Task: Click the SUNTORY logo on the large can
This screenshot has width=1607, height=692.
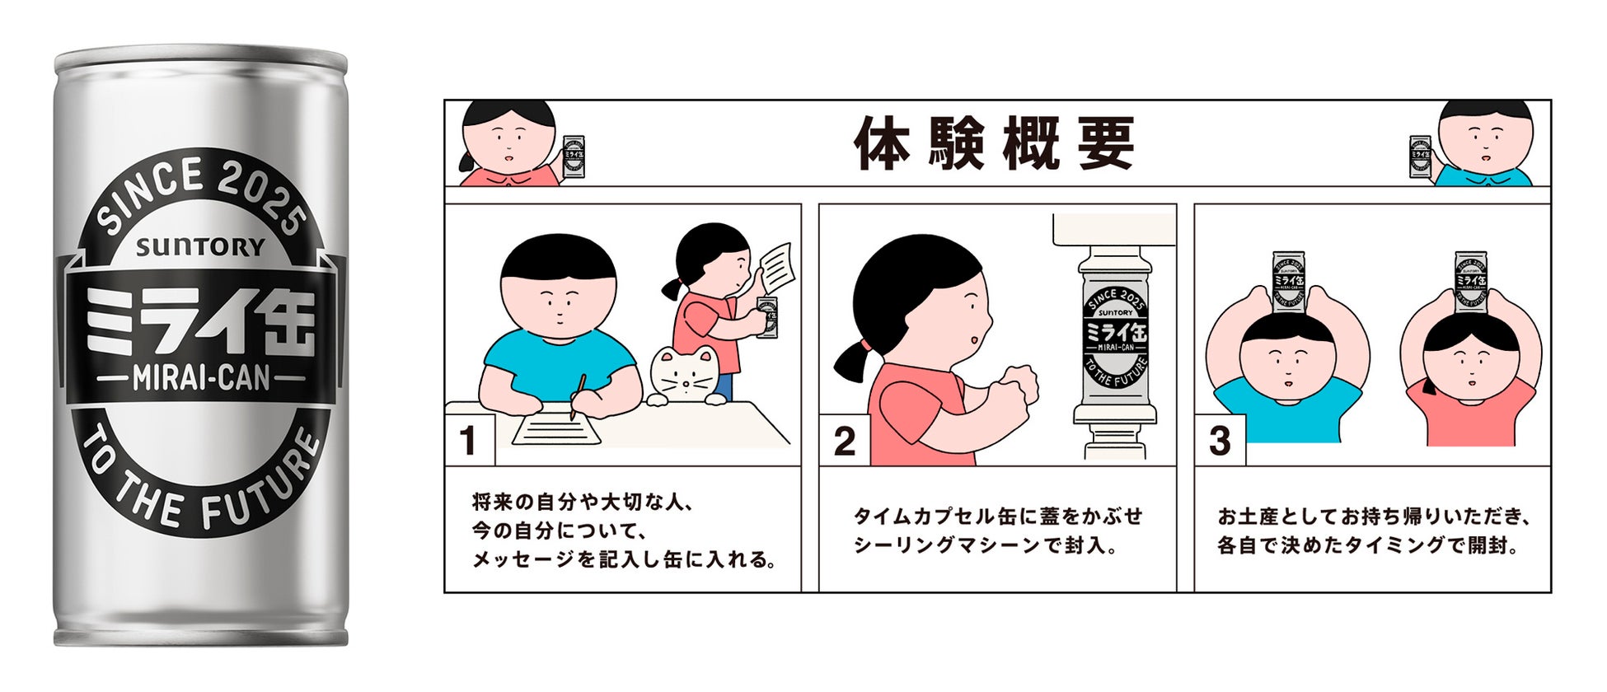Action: click(200, 246)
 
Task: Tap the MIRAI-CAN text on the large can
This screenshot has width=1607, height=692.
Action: click(201, 378)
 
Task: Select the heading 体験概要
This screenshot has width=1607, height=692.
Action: click(994, 144)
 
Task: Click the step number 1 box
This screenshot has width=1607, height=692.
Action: click(468, 441)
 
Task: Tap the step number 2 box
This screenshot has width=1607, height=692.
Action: click(844, 442)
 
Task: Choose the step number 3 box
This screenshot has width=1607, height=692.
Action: click(1219, 442)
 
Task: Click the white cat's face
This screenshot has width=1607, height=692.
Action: click(685, 376)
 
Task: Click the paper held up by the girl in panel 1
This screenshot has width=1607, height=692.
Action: click(775, 266)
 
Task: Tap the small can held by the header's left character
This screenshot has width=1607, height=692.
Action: click(574, 157)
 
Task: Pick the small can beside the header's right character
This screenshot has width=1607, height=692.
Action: click(1420, 157)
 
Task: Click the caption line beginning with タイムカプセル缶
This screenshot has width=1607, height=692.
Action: click(997, 517)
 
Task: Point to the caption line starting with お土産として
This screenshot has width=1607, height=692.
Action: click(1374, 517)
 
